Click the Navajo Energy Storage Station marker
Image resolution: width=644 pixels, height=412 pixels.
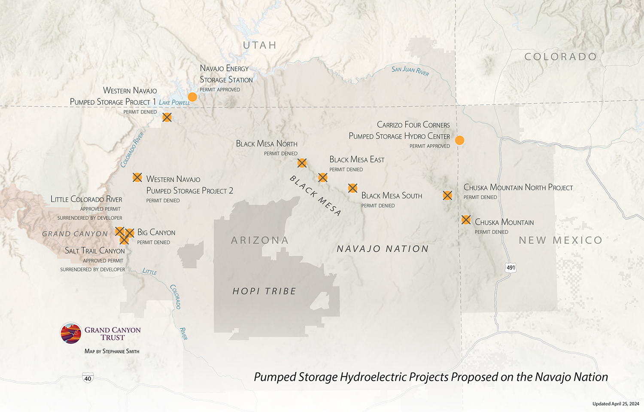[192, 97]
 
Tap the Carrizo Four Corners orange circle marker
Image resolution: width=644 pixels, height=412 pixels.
[459, 140]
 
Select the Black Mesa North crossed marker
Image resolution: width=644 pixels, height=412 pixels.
[302, 163]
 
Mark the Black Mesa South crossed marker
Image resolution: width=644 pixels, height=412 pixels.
[352, 188]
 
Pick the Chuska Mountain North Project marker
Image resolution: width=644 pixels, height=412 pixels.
[447, 195]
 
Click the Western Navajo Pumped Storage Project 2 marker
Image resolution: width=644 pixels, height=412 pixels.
[137, 177]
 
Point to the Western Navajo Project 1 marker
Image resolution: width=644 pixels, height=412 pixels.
[167, 117]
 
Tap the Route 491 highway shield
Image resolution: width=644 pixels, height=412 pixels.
[510, 267]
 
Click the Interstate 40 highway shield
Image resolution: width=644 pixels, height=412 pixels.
[88, 378]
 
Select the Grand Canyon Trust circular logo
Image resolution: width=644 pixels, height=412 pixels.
[71, 333]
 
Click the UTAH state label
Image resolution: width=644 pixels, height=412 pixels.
[259, 45]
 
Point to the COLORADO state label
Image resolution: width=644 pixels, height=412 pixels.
[560, 57]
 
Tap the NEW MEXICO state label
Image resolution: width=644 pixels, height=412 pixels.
[560, 240]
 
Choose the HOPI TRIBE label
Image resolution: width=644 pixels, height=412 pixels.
[264, 291]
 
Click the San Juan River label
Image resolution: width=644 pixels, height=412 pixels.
[410, 70]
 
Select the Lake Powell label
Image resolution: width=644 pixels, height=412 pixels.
[174, 102]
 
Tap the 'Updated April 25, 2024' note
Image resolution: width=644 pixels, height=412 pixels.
[616, 404]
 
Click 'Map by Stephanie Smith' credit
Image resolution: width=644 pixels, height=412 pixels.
[112, 351]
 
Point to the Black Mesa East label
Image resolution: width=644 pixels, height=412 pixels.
[357, 160]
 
